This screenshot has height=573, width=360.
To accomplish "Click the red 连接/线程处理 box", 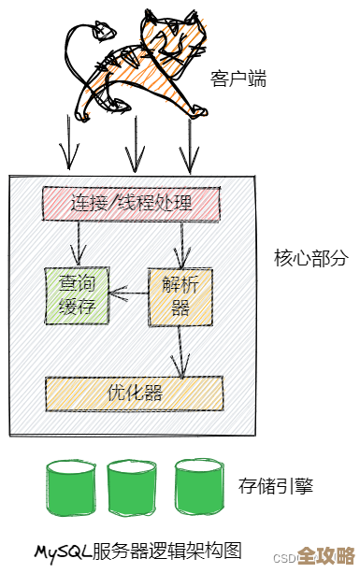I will tap(131, 203).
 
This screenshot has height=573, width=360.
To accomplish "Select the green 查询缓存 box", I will tap(77, 294).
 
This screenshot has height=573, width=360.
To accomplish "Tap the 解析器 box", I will tap(175, 294).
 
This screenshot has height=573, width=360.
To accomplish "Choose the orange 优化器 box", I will tap(134, 394).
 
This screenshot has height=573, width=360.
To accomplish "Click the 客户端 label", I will tap(238, 79).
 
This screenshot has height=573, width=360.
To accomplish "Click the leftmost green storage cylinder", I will tap(69, 487).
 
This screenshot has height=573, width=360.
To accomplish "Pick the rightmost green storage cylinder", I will tap(198, 487).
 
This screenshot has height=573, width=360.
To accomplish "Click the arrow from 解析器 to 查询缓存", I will tap(128, 296).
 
